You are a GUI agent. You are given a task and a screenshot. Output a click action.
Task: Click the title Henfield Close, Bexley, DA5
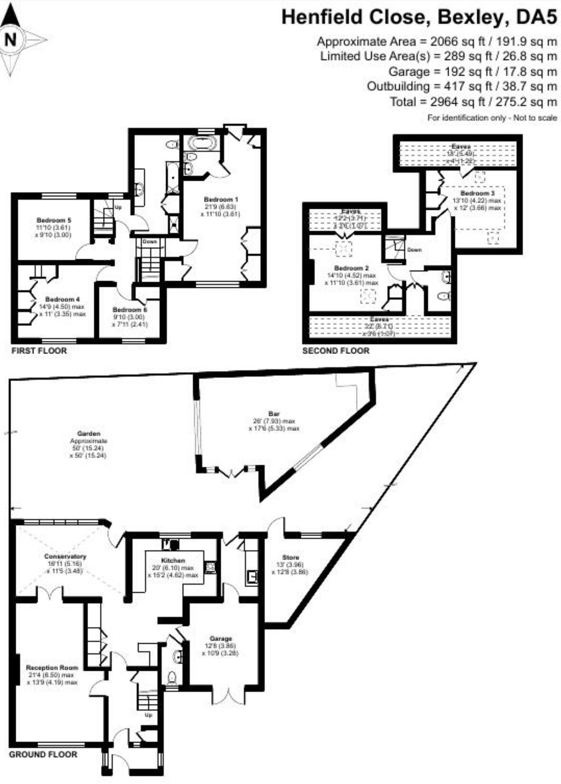(419, 18)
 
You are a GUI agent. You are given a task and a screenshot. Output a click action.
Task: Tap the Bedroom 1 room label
(221, 199)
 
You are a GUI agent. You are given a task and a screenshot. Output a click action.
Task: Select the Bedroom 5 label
(54, 220)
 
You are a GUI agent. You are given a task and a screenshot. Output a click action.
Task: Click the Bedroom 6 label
(130, 310)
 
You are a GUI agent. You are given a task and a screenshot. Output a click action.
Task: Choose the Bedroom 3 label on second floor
(477, 194)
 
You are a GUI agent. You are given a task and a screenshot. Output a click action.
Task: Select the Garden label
(89, 434)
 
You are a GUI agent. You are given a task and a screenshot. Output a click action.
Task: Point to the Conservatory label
(65, 556)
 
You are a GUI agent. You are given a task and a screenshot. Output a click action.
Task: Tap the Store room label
(290, 557)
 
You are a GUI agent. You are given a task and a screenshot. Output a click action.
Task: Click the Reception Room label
(52, 667)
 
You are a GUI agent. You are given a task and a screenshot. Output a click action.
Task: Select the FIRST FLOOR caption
(39, 351)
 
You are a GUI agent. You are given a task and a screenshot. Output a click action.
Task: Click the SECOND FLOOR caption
(336, 351)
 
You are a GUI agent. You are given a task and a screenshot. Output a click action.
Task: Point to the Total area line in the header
(473, 101)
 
